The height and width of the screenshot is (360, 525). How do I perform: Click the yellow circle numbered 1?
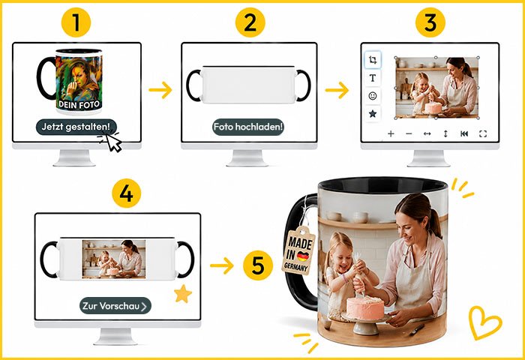point(76,22)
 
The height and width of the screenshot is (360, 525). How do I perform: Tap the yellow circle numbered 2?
point(250,22)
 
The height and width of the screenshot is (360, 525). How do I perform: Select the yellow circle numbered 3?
point(430,22)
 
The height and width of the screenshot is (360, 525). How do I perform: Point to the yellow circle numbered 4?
point(126,193)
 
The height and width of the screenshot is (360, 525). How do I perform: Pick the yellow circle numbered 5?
point(258,265)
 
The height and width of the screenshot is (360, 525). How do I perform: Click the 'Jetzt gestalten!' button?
point(76,127)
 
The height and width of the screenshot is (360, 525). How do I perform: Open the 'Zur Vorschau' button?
point(115,306)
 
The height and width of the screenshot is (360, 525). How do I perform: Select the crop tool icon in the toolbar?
point(372,60)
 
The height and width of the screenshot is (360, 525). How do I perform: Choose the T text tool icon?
point(372,78)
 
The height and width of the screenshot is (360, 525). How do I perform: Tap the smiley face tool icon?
point(372,96)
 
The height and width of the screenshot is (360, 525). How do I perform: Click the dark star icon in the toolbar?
point(372,114)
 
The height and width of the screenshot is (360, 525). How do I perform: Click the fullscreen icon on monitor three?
point(483,134)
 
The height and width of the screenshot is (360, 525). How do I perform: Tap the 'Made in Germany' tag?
point(299,250)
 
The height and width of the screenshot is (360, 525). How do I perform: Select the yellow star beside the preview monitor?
point(183,294)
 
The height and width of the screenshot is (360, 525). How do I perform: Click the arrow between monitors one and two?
point(160,90)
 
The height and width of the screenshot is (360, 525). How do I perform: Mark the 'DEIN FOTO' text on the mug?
point(79,104)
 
